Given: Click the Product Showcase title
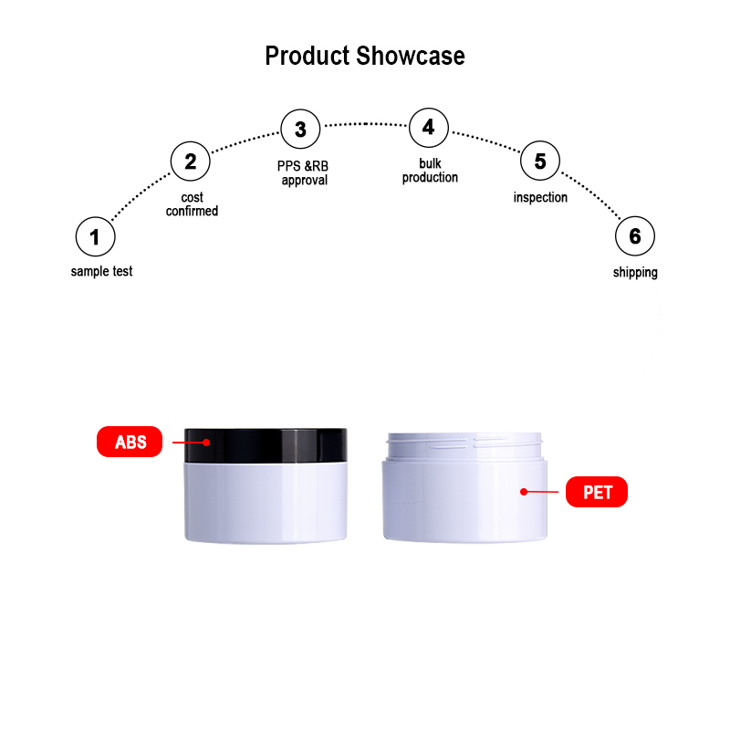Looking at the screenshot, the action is point(365,57).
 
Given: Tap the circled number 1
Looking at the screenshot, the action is point(96,236).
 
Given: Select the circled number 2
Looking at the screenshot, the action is point(191,162).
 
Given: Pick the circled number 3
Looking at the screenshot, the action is point(301,129).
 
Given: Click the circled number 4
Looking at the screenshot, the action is point(429,128).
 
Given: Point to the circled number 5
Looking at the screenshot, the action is point(540,161).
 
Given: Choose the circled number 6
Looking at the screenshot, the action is point(635,236).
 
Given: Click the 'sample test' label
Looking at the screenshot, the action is point(101,271).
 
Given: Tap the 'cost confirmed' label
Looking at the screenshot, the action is point(192,204).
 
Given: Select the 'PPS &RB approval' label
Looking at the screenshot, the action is point(303,173).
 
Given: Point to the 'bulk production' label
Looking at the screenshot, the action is point(430,171).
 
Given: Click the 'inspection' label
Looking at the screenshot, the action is point(540,197).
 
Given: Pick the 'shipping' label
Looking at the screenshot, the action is point(635,272).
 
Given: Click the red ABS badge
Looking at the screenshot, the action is point(130,442).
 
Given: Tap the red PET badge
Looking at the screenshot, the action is point(597,492).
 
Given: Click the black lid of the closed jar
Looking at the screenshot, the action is point(266,445).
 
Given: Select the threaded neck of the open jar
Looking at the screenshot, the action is point(464,446).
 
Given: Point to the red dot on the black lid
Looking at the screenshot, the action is point(206,443).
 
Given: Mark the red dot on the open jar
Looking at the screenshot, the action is point(524,492).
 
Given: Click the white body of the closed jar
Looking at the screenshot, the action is point(266,503).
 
